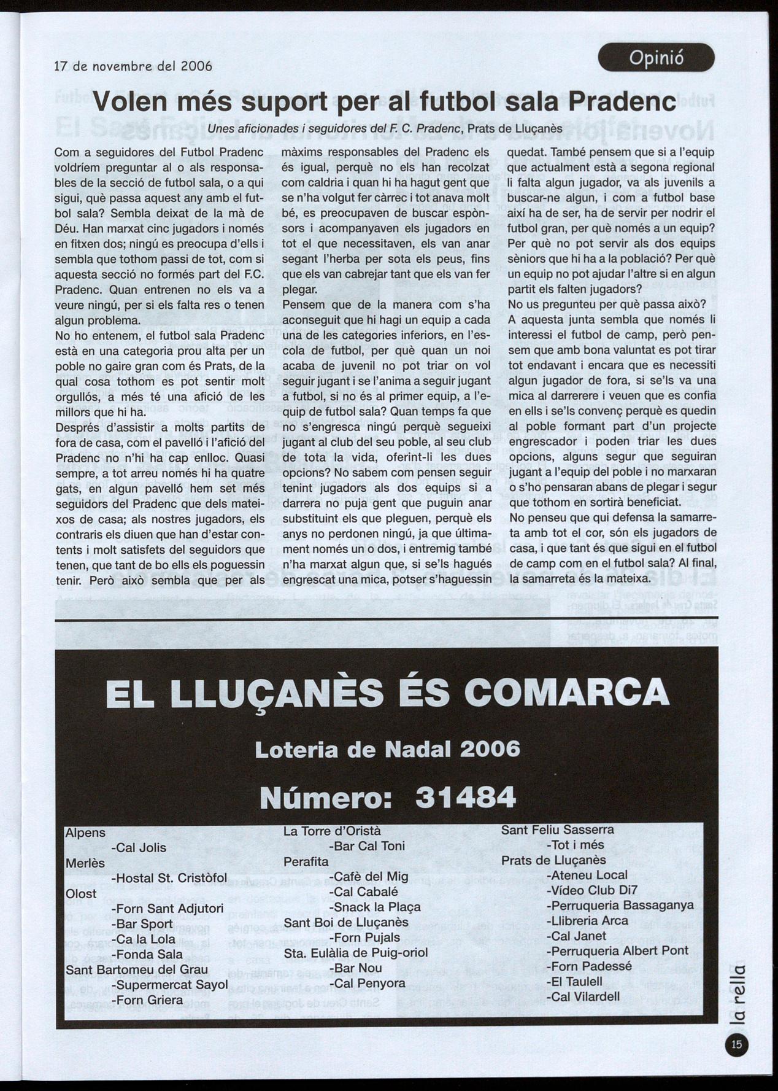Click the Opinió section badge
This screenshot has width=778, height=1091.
coord(656,58)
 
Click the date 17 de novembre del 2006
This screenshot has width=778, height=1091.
coord(133,66)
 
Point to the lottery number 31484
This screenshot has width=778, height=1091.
coord(465,798)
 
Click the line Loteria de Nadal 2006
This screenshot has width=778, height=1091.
coord(387,749)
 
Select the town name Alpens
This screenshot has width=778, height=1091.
coord(85,833)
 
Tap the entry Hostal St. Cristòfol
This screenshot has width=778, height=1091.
coord(169,879)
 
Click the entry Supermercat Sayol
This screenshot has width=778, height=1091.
coord(170,985)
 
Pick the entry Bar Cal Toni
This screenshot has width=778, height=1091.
coord(367,846)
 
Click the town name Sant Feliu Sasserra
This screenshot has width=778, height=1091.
coord(557,829)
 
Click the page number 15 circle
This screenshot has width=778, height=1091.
coord(737,1044)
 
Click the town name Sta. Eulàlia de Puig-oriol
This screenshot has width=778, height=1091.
coord(356,953)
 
